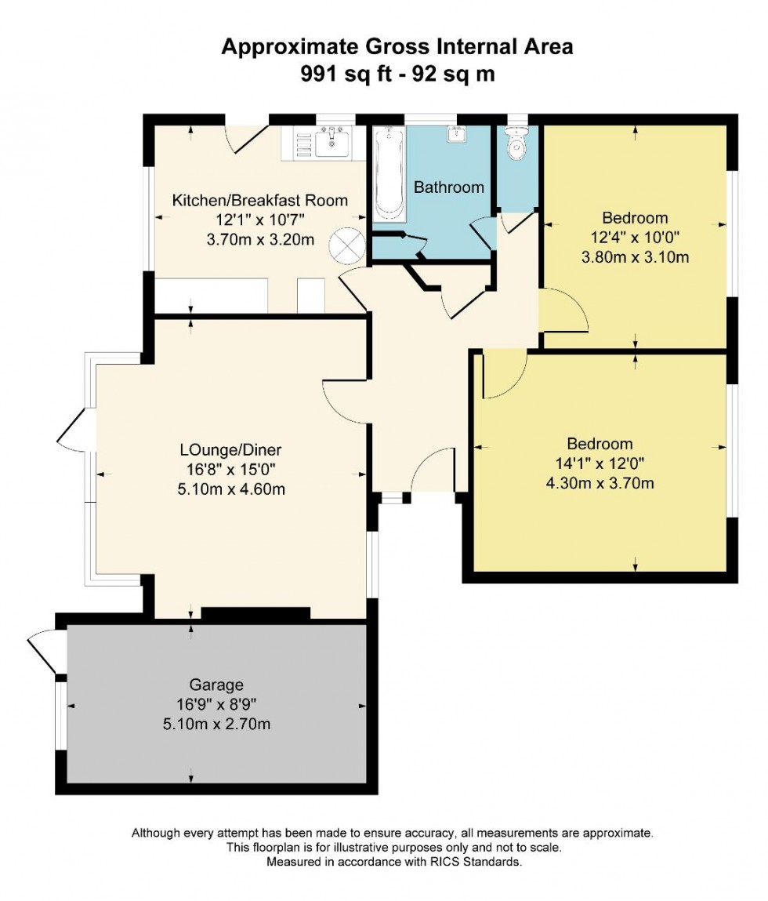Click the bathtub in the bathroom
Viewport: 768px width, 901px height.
click(389, 176)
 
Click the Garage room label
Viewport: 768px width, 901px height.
click(216, 685)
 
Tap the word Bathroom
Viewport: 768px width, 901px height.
click(449, 187)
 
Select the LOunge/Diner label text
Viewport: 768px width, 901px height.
click(230, 450)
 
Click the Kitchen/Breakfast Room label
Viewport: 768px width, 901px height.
click(259, 200)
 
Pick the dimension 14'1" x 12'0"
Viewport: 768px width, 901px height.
click(600, 463)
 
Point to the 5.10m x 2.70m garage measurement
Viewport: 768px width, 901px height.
click(216, 724)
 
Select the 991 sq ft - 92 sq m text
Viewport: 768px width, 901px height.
click(397, 74)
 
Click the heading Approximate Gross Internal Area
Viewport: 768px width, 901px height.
click(397, 46)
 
